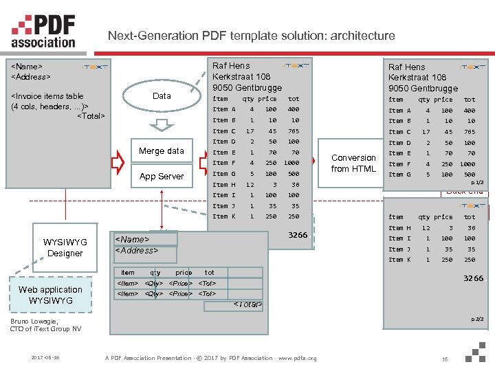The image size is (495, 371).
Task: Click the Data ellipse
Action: pos(162,96)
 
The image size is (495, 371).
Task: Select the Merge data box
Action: pos(162,151)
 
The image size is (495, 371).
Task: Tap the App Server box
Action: pos(162,177)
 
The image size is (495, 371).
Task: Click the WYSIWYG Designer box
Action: pos(65,247)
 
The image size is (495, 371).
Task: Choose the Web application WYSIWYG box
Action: pos(50,295)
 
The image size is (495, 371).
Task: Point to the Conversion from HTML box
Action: pos(353,163)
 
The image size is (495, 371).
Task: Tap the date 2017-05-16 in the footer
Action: pos(45,358)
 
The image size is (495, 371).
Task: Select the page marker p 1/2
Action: pos(476,182)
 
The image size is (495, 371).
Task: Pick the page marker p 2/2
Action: pos(476,319)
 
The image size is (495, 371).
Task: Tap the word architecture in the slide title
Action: pos(361,36)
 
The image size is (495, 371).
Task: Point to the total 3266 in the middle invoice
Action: pos(298,235)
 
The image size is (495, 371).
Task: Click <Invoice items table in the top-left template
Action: pos(47,96)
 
